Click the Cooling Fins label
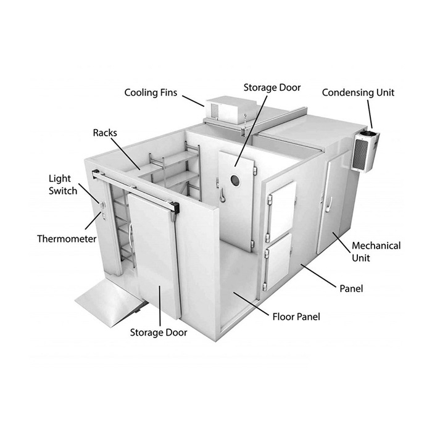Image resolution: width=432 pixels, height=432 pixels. [x=151, y=93]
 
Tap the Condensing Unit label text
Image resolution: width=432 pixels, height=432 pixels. [x=358, y=93]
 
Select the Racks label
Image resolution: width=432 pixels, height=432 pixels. [x=105, y=133]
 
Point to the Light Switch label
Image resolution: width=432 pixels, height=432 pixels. [x=63, y=185]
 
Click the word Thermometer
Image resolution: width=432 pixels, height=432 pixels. [x=67, y=239]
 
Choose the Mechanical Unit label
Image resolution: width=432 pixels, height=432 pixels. [x=376, y=252]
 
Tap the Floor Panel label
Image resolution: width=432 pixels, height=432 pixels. [x=296, y=317]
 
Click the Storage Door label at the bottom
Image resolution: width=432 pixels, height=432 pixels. [x=159, y=333]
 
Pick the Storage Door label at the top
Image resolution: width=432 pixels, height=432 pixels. [x=272, y=88]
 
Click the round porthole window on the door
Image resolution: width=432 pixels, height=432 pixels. [x=235, y=180]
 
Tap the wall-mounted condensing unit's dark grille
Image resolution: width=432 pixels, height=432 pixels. [x=360, y=154]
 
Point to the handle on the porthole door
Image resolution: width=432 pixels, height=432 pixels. [x=221, y=194]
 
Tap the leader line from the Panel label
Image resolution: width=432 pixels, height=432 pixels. [x=319, y=276]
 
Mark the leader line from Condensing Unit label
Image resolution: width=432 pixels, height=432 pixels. [x=370, y=114]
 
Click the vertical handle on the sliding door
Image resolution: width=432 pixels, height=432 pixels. [x=131, y=237]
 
